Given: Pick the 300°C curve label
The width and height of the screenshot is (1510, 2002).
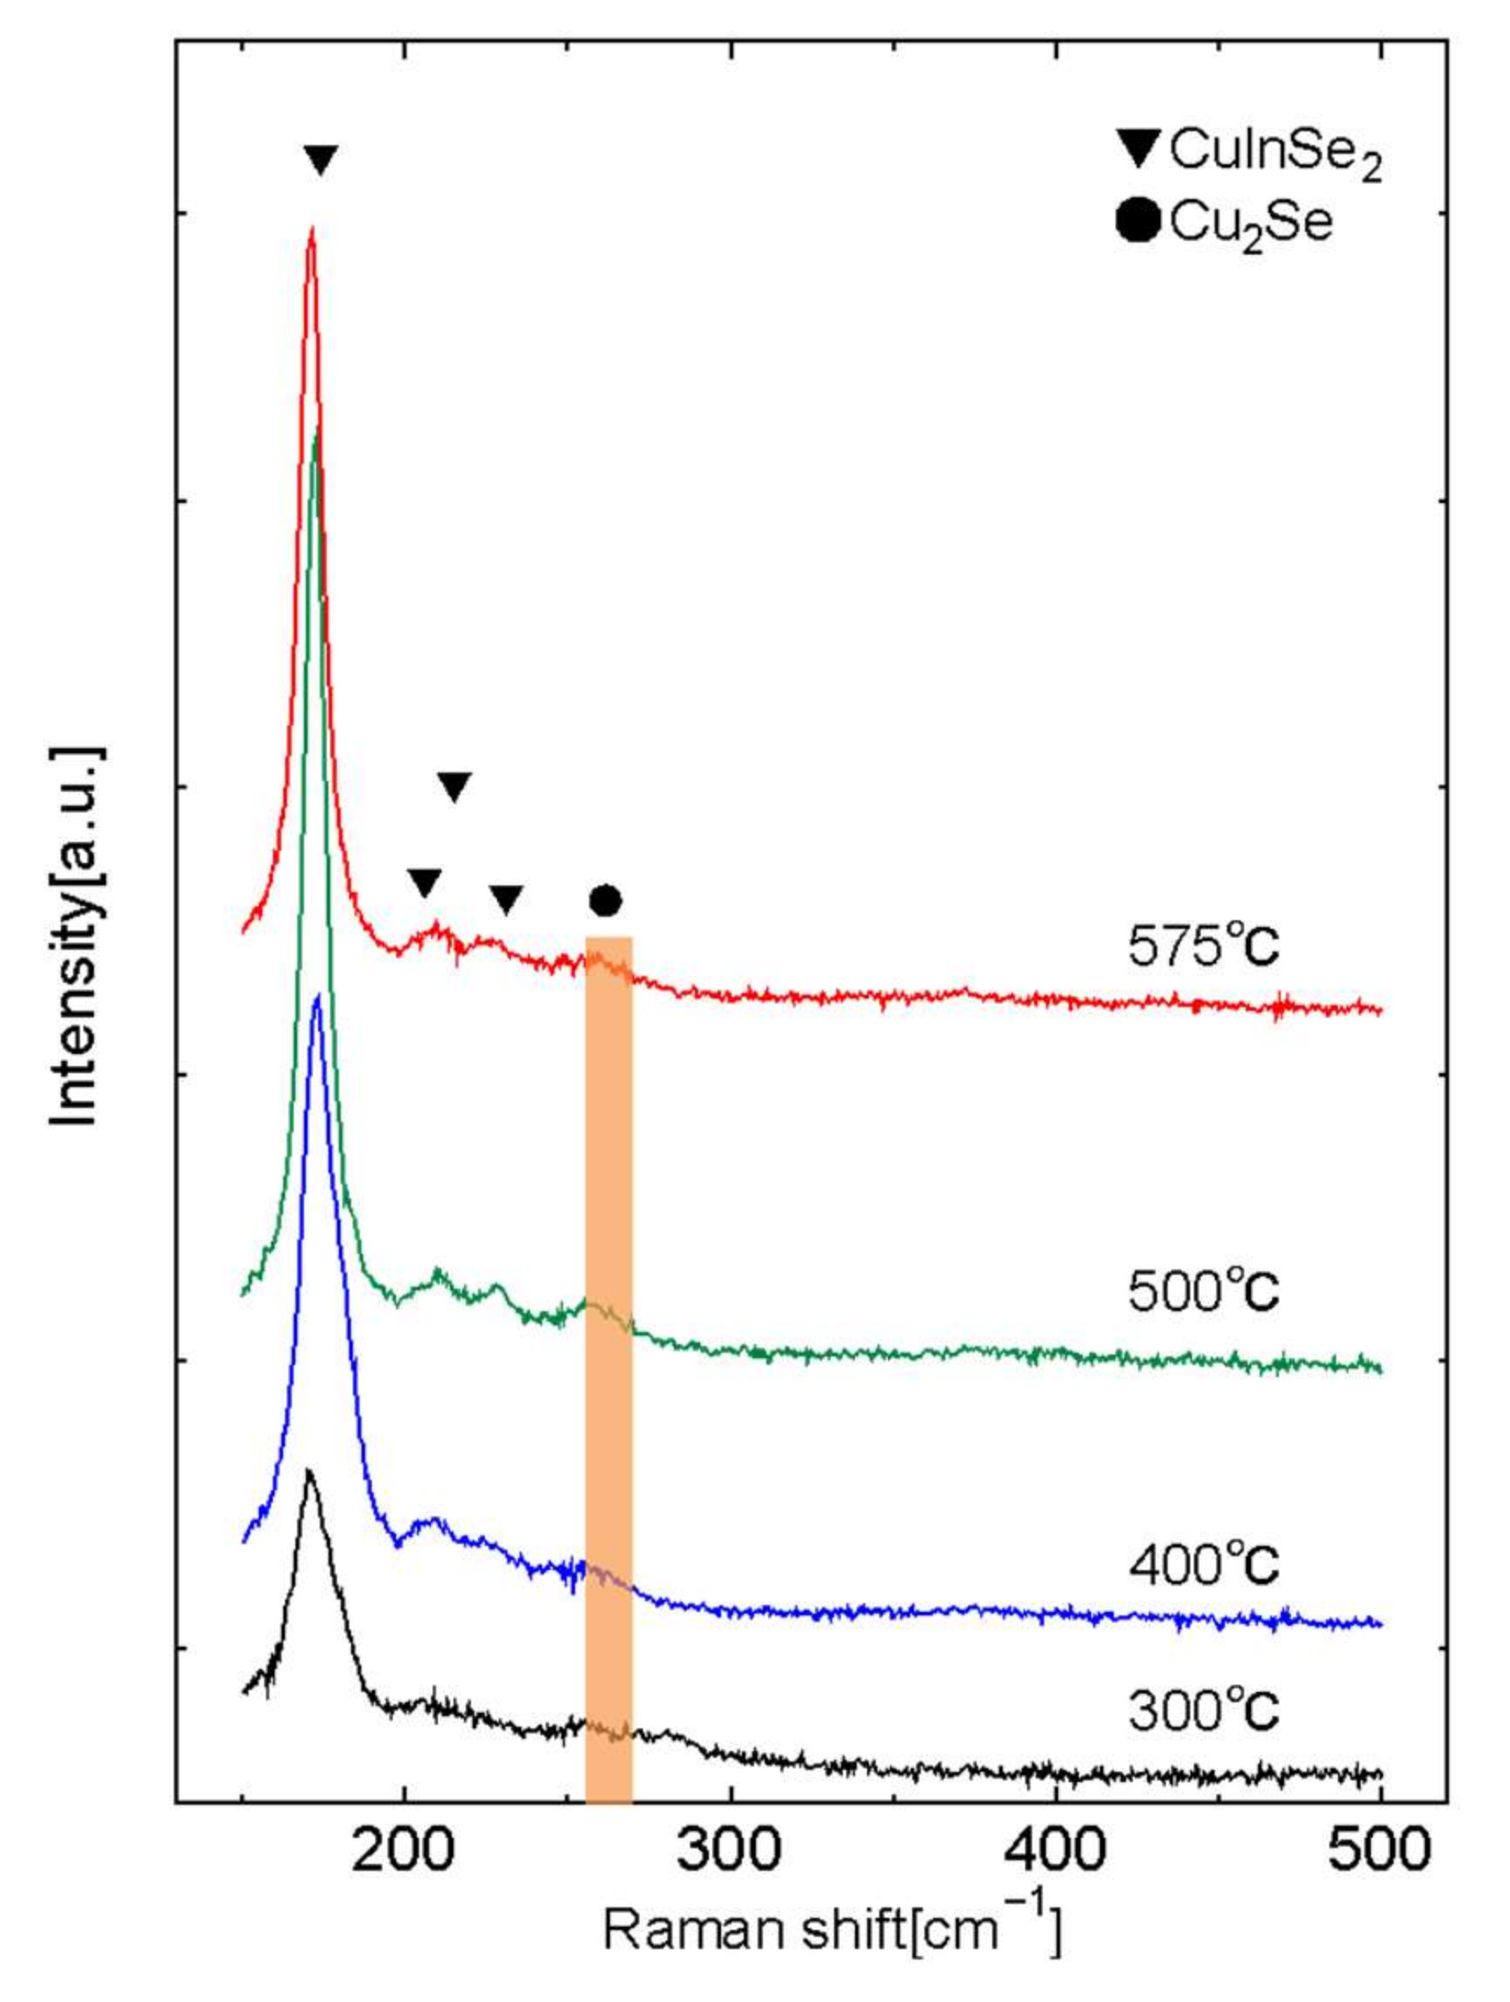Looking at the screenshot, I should pos(1202,1711).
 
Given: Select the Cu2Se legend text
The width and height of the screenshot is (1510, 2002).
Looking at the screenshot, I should pos(1250,223).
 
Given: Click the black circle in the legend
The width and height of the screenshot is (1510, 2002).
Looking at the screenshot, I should pos(1137,222).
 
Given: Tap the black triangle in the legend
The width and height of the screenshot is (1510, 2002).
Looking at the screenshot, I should pos(1138,149).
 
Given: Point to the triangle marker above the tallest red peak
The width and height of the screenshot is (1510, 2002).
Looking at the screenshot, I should pos(321,160).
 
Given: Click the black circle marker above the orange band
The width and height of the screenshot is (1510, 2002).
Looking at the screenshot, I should pos(605,899).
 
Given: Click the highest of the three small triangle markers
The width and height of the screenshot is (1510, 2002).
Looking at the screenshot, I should pos(454,786).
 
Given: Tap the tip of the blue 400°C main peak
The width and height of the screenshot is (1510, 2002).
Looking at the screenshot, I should pos(316,996).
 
